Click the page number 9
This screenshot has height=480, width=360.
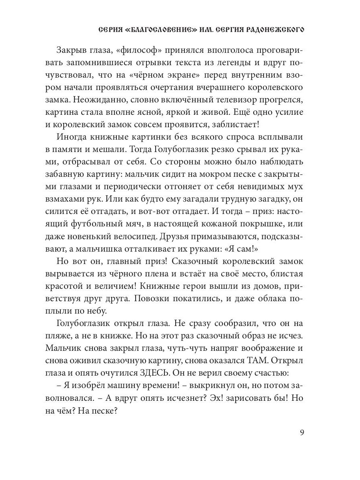coord(302,432)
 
